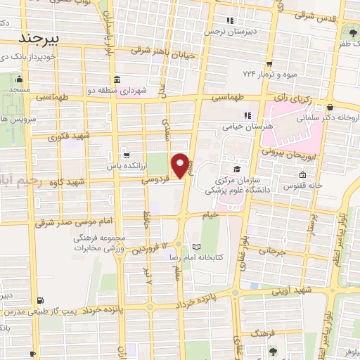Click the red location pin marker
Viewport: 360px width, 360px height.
click(x=181, y=165)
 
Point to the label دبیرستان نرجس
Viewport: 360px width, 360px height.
click(x=229, y=32)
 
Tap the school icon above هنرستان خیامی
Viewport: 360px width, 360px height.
click(x=247, y=115)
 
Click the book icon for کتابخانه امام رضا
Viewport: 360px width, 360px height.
click(x=195, y=247)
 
